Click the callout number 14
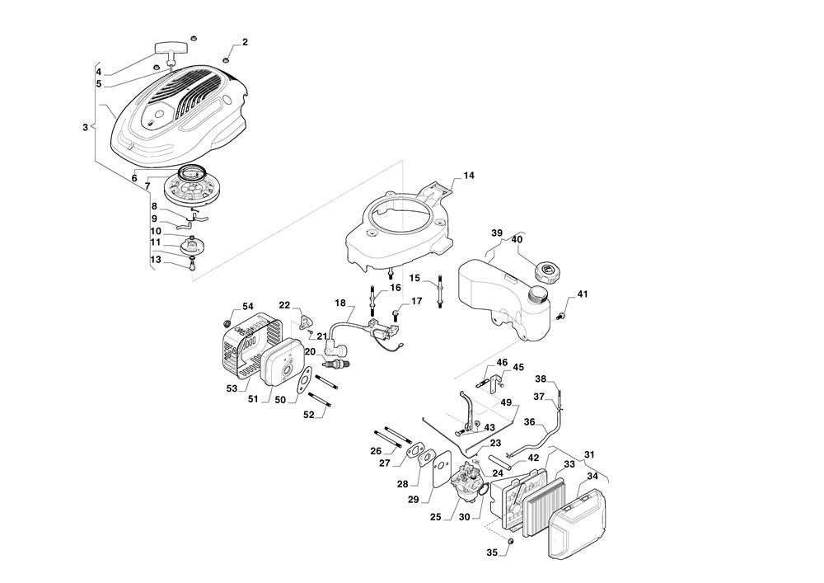pos(468,176)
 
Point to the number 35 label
pos(493,552)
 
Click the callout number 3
pos(85,128)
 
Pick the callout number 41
pos(583,294)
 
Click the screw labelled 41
pos(564,313)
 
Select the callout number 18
pos(339,303)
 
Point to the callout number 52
pos(309,415)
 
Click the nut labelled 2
pos(226,58)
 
